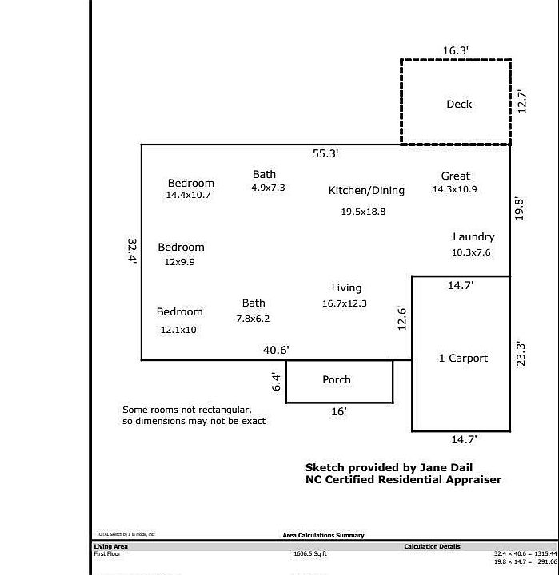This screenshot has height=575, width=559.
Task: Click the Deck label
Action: (x=459, y=104)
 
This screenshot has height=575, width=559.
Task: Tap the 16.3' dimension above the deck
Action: (x=456, y=50)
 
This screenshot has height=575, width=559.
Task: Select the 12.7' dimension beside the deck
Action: (x=521, y=101)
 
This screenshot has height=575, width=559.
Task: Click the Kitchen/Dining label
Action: (x=366, y=190)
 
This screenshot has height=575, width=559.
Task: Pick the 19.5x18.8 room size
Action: (x=363, y=212)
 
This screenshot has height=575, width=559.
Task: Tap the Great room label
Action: (x=455, y=176)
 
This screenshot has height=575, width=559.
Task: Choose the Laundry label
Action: (x=473, y=236)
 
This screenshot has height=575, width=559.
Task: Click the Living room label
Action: (x=346, y=287)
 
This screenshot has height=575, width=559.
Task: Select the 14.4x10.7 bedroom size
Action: (x=189, y=195)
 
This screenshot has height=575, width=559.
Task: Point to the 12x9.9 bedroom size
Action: (x=180, y=262)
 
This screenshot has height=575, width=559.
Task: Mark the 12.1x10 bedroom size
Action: (x=178, y=329)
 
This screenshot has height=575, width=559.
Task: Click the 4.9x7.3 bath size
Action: (x=268, y=188)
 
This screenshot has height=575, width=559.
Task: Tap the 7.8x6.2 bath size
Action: (x=253, y=318)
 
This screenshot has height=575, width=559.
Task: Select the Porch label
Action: (x=337, y=379)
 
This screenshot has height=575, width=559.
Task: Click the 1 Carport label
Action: (x=463, y=358)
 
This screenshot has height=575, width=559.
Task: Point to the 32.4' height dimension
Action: (x=132, y=251)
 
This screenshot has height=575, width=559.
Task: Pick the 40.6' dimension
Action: (x=276, y=350)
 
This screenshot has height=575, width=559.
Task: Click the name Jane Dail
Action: (x=452, y=467)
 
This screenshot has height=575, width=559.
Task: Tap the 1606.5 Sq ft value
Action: (x=310, y=553)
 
